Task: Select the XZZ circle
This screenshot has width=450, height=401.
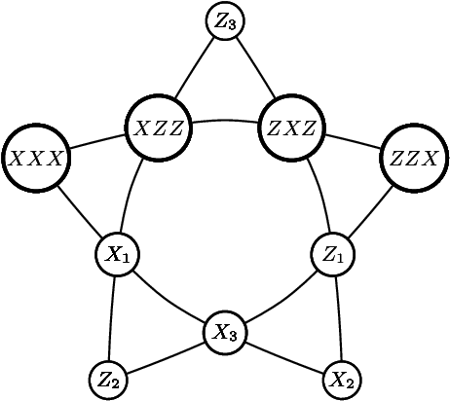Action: pyautogui.click(x=158, y=127)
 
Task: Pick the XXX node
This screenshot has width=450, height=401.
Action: pyautogui.click(x=36, y=157)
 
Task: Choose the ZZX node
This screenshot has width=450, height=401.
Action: pyautogui.click(x=414, y=157)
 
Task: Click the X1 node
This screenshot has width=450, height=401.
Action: pyautogui.click(x=119, y=256)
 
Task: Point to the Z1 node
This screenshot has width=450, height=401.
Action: pyautogui.click(x=332, y=256)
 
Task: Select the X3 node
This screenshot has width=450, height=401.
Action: pyautogui.click(x=225, y=332)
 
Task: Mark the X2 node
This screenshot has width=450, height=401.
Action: pyautogui.click(x=341, y=380)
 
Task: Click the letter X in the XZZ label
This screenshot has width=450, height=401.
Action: pyautogui.click(x=141, y=128)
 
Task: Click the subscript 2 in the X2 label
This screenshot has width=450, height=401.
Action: pyautogui.click(x=347, y=383)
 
